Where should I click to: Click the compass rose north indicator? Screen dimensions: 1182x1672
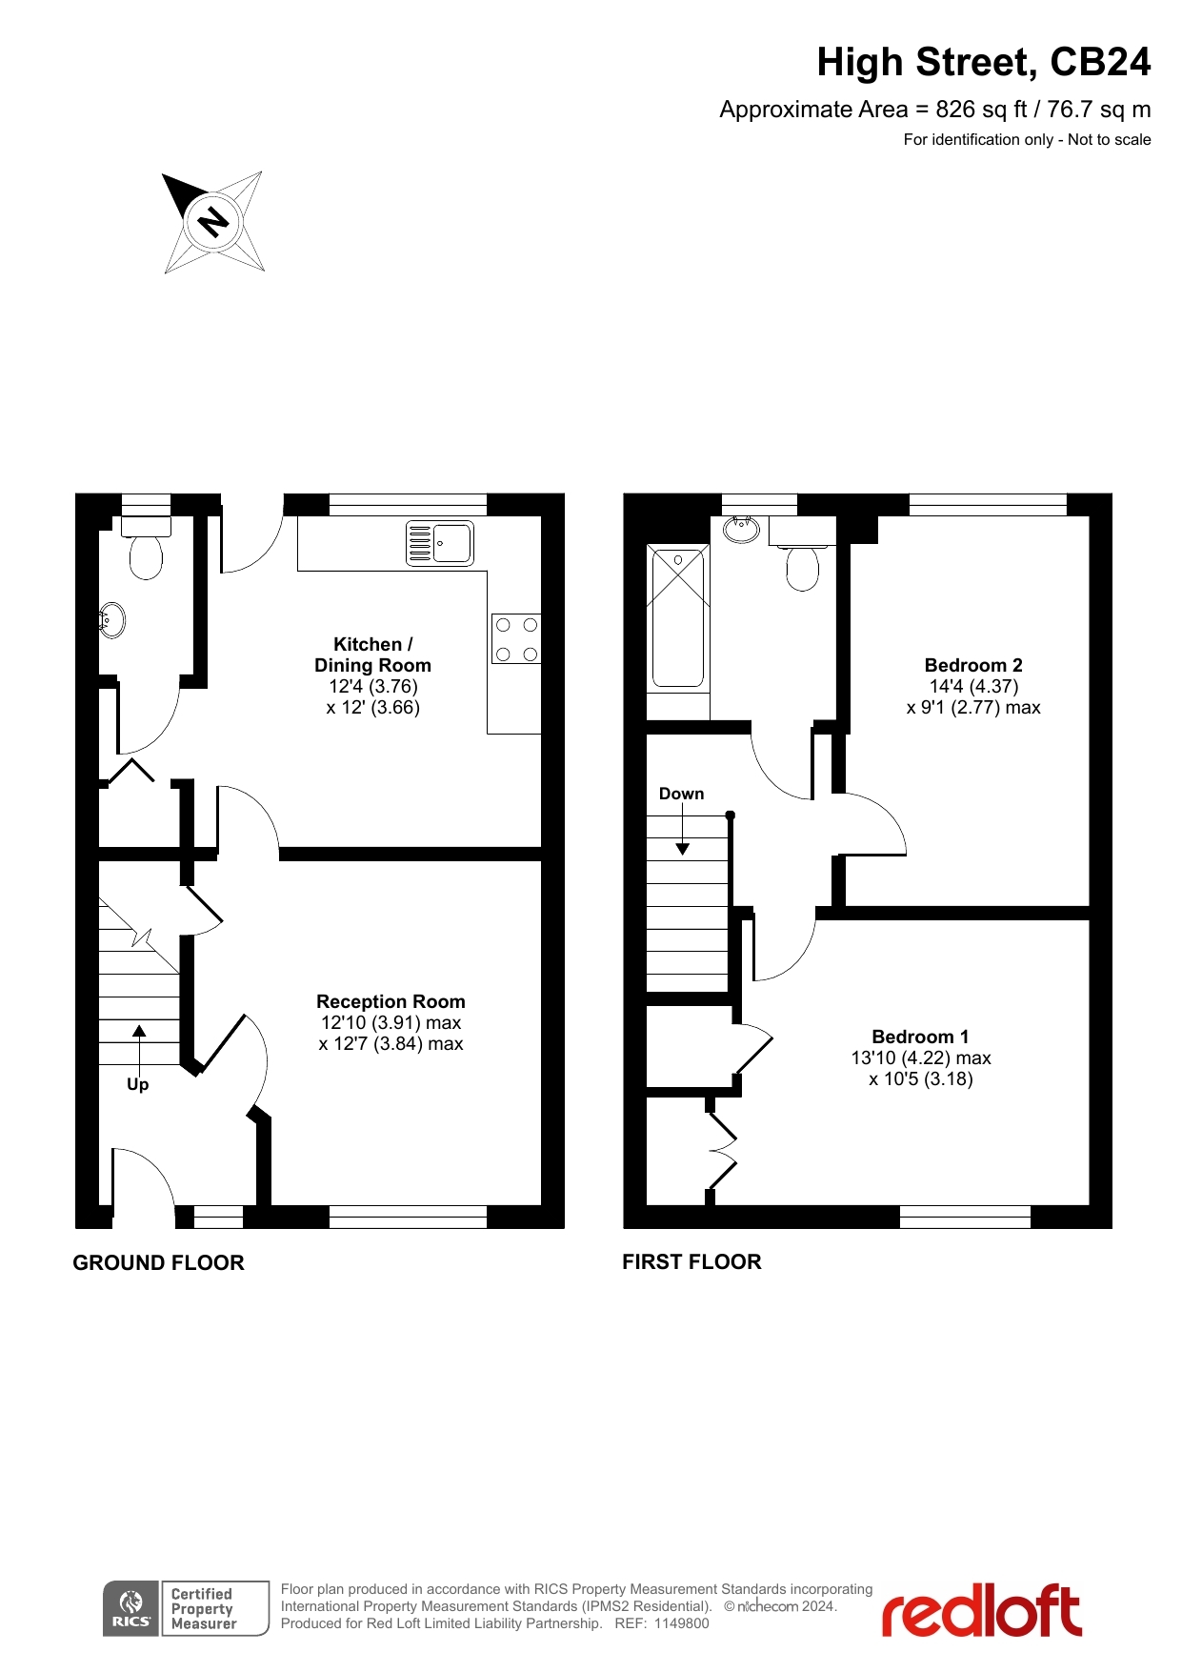pos(213,222)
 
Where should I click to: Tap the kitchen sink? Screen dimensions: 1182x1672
pos(440,543)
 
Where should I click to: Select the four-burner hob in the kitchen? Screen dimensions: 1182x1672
pos(516,638)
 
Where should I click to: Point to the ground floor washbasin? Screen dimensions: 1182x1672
pos(111,620)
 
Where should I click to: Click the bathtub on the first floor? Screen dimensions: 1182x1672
pos(678,616)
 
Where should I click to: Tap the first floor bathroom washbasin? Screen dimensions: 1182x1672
pos(741,529)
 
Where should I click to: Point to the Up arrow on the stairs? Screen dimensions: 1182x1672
pos(139,1044)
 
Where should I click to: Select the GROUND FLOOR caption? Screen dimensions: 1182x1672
pos(159,1262)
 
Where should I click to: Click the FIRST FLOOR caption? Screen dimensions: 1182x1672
pos(691,1261)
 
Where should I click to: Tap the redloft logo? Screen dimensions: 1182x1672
pos(981,1609)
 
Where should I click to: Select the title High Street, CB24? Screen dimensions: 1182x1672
pos(984,62)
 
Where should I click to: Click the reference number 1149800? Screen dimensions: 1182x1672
pos(682,1623)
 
